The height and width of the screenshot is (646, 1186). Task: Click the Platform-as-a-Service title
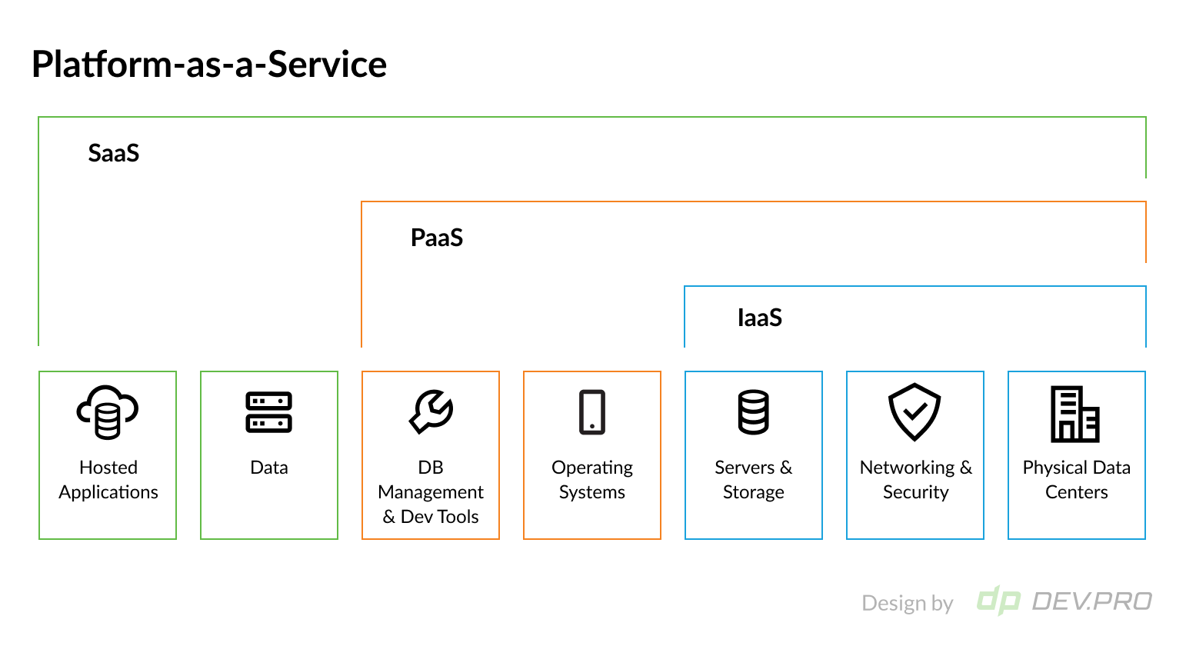(208, 64)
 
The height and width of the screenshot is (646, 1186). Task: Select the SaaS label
(113, 153)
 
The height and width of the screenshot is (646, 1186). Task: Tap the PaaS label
(436, 238)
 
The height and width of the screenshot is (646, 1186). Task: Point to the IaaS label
(759, 318)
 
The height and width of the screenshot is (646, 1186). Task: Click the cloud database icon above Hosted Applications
(108, 412)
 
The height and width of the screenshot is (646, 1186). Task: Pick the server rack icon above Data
(268, 412)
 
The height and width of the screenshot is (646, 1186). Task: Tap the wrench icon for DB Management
(431, 411)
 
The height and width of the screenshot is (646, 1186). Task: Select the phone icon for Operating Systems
(592, 412)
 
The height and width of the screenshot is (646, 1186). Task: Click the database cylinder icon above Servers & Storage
(753, 412)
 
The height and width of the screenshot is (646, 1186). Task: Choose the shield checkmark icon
(914, 412)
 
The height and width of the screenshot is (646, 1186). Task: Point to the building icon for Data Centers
(1075, 414)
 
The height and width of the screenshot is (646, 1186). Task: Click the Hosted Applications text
(108, 480)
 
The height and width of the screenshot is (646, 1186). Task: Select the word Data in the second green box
(269, 468)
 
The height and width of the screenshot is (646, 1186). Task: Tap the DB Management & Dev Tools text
(431, 492)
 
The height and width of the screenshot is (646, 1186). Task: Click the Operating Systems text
(592, 480)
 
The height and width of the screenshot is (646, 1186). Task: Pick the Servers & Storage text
(754, 480)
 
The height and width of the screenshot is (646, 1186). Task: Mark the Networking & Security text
(915, 480)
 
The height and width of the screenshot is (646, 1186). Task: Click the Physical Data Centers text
(1077, 480)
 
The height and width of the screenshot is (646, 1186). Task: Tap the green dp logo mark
(998, 601)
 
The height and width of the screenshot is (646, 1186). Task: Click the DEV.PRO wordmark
(1092, 601)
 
